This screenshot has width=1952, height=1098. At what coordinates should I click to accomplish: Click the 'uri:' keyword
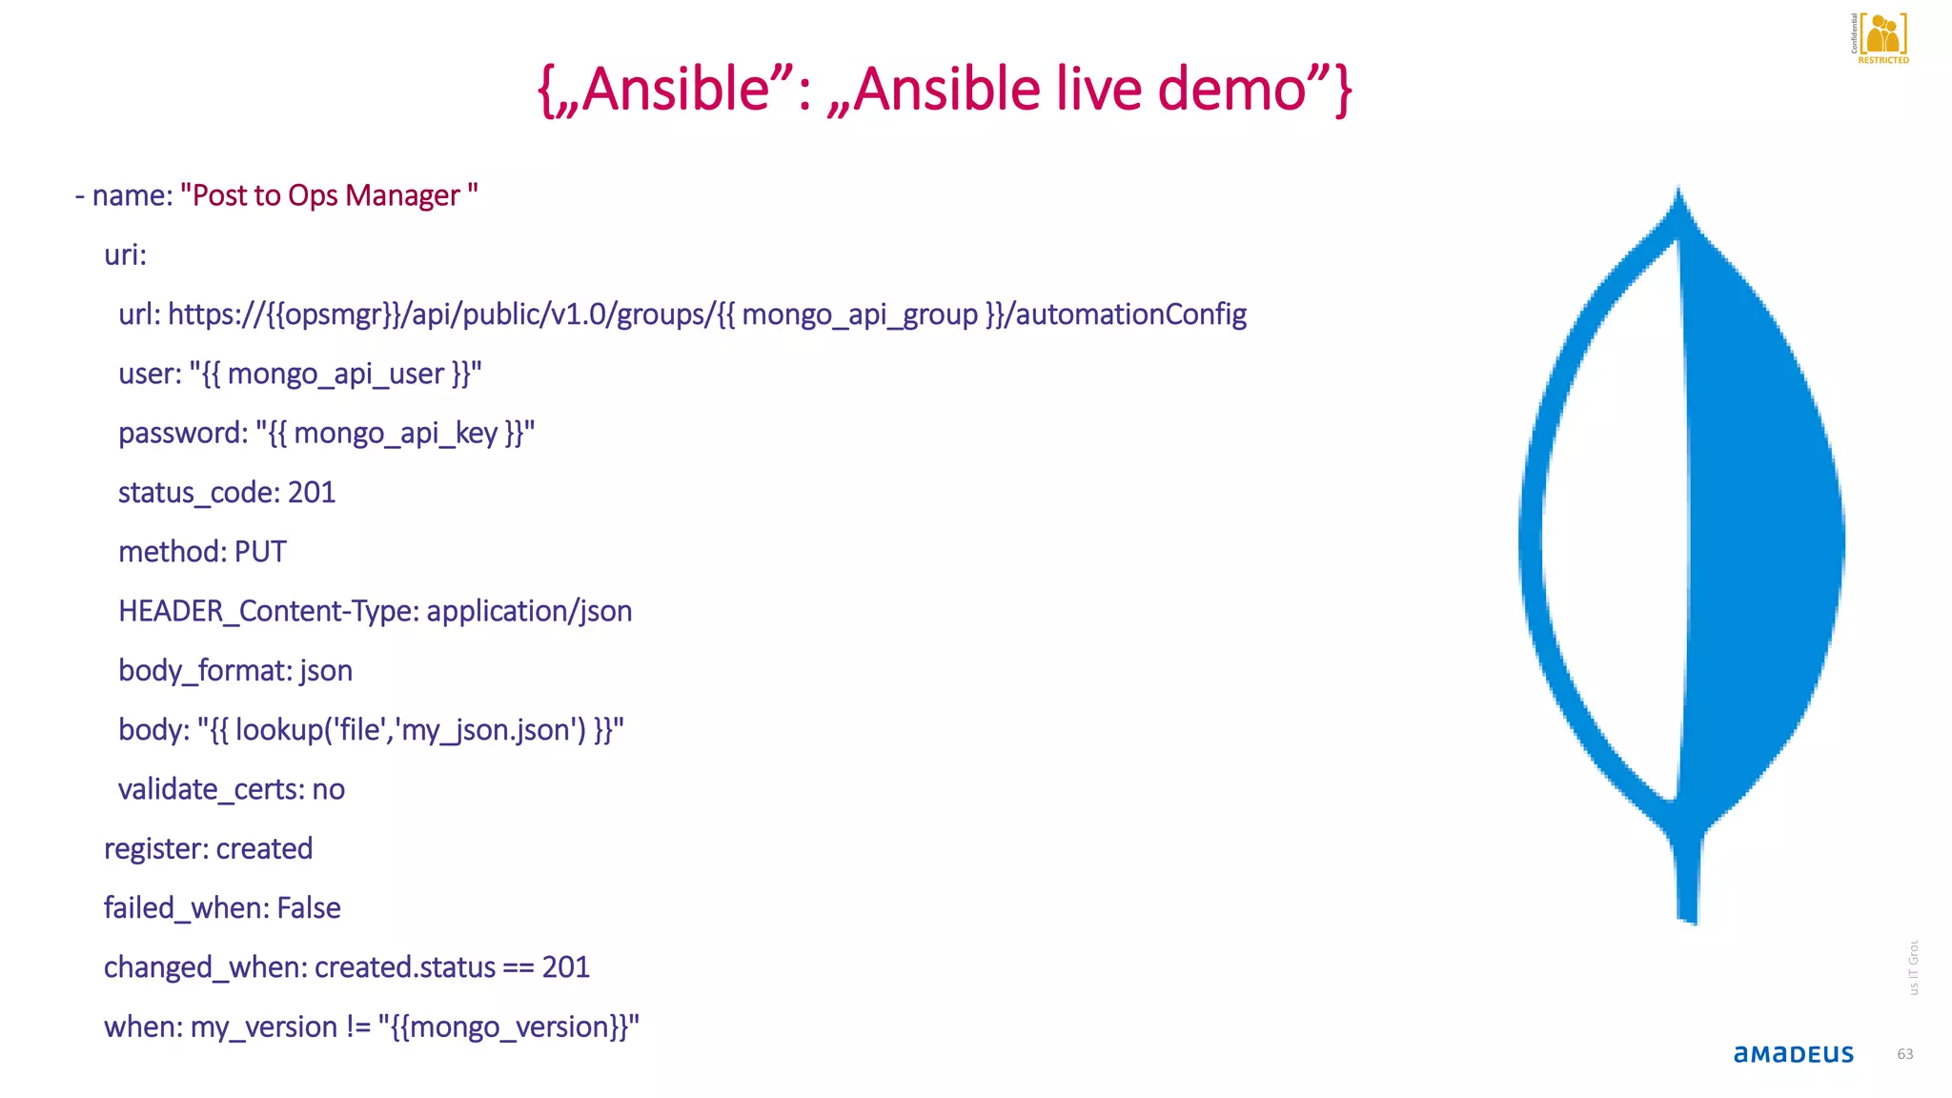point(125,254)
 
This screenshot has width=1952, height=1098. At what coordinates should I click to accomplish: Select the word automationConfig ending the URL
point(1131,315)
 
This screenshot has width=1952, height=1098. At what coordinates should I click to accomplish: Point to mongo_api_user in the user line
point(335,374)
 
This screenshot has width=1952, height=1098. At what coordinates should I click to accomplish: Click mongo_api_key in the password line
point(396,434)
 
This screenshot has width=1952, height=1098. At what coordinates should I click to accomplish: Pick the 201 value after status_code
point(312,493)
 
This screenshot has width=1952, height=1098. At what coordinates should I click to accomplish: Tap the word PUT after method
point(260,552)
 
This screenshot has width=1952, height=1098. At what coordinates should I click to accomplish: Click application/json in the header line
point(529,611)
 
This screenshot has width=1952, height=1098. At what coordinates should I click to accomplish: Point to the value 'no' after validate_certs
point(329,789)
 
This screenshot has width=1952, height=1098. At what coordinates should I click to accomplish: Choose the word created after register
point(264,848)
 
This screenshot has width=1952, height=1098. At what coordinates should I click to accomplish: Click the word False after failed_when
point(309,907)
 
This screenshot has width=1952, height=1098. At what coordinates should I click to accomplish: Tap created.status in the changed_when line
point(405,967)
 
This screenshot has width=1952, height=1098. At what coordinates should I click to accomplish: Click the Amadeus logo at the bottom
point(1793,1054)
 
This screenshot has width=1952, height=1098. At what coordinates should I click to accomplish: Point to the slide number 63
point(1904,1054)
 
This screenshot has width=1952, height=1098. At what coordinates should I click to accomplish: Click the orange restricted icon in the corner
point(1882,36)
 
